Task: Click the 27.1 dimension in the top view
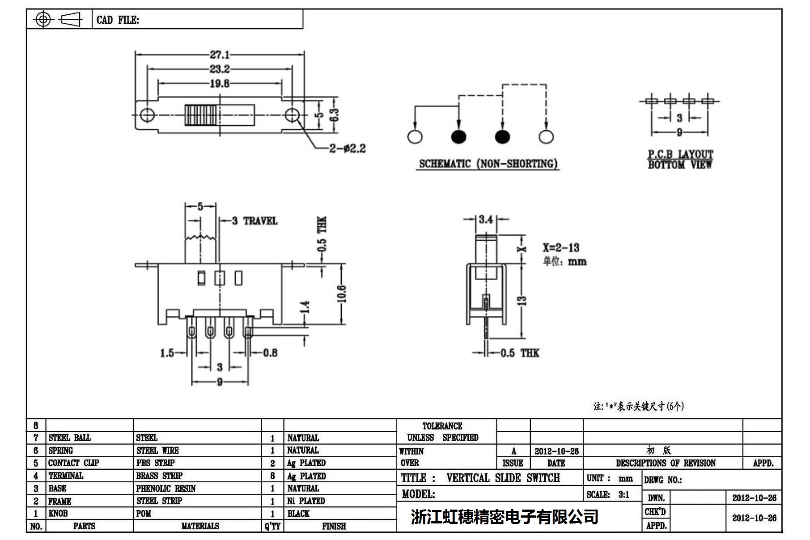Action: click(x=220, y=55)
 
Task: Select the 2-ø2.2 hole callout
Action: click(x=348, y=148)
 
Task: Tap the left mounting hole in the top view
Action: click(x=147, y=115)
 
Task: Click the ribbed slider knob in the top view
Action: click(x=201, y=115)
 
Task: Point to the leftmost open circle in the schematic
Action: click(x=415, y=137)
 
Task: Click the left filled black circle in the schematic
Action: click(x=458, y=137)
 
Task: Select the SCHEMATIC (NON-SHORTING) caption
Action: click(x=488, y=164)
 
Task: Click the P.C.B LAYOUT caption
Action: click(x=680, y=154)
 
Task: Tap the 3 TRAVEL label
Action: click(x=254, y=221)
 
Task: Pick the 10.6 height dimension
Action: click(x=342, y=294)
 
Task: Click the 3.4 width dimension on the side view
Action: click(x=486, y=219)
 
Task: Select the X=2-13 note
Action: click(x=561, y=247)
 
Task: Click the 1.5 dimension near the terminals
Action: click(x=167, y=353)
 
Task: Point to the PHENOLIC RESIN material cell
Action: click(x=166, y=489)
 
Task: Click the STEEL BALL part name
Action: click(x=69, y=438)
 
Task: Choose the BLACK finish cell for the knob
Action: click(x=298, y=514)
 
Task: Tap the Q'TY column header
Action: click(x=272, y=526)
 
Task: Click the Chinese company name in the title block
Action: click(x=505, y=517)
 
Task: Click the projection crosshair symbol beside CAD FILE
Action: click(x=43, y=19)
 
